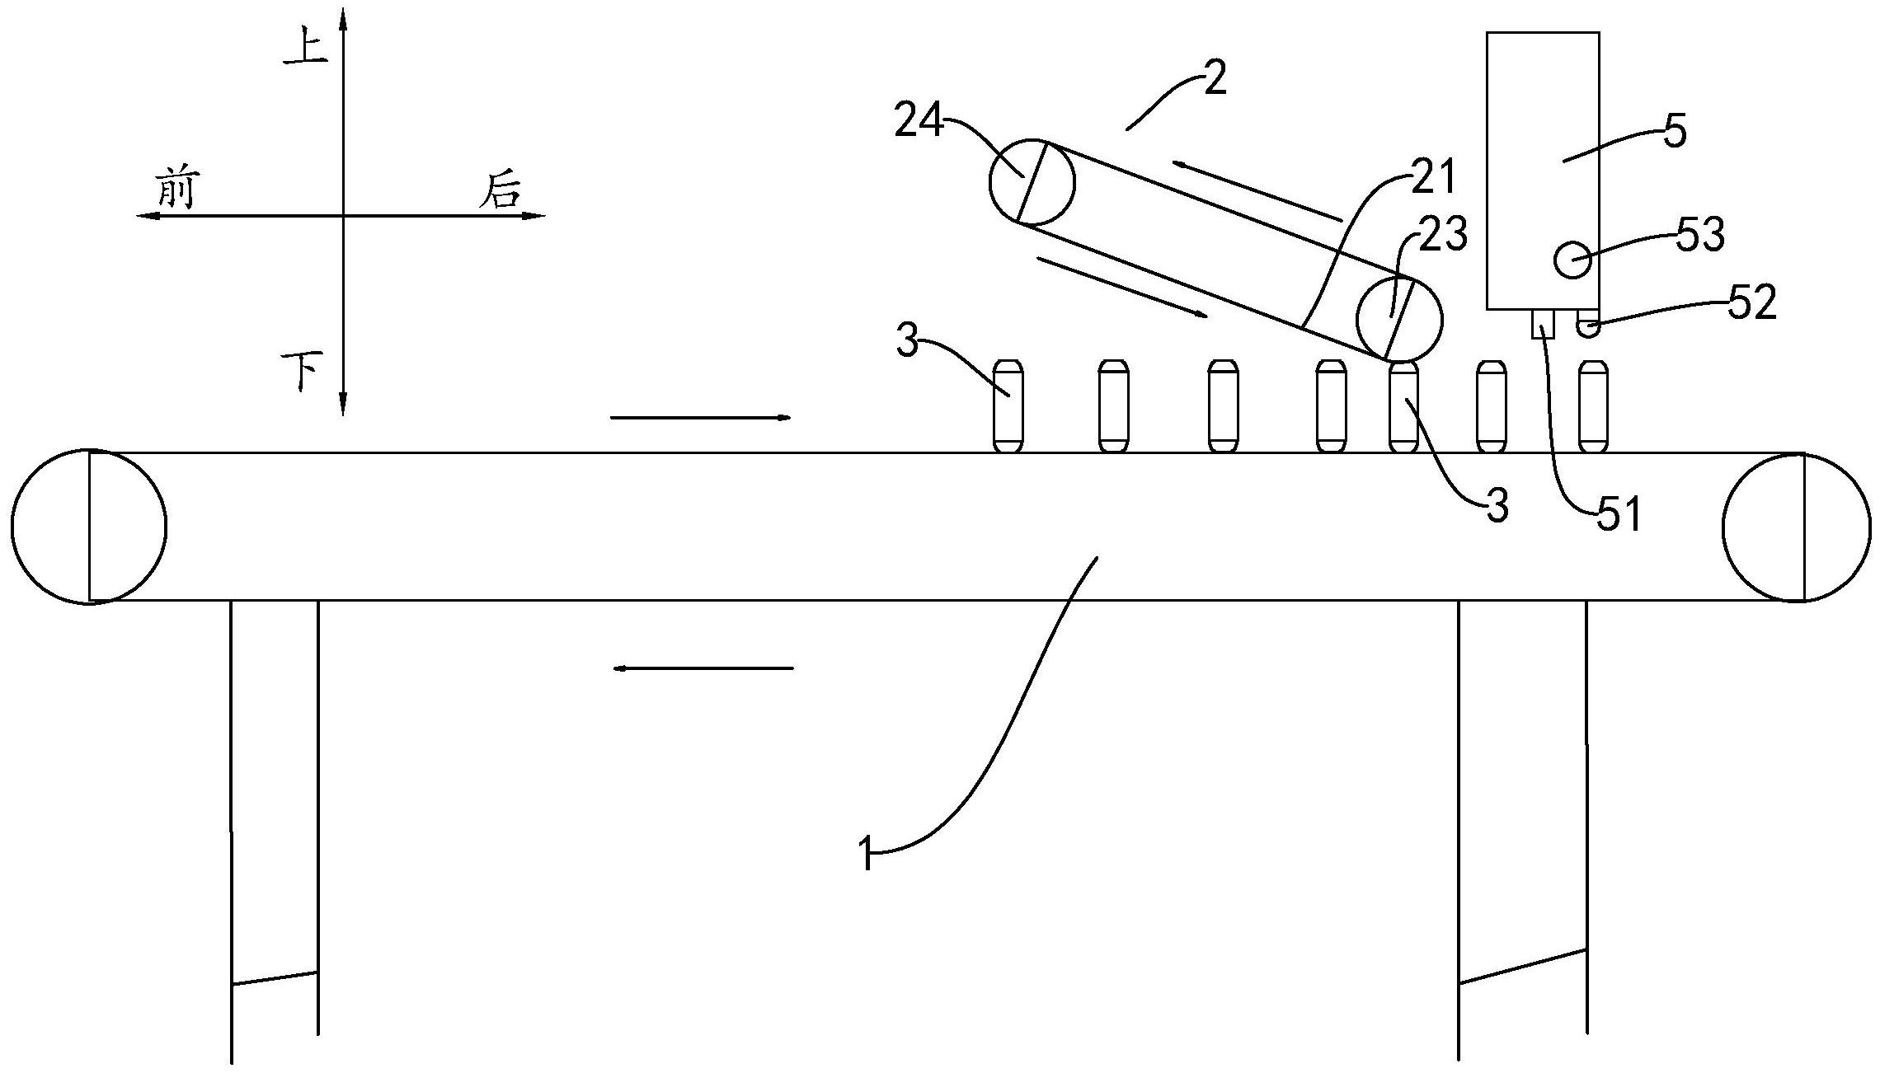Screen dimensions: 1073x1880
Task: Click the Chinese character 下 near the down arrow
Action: point(302,372)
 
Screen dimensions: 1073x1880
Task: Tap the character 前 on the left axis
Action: point(176,189)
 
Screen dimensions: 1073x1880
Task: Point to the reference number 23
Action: point(1443,236)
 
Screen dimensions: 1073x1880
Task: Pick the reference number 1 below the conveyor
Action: point(865,853)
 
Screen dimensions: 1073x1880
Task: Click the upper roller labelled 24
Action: point(1032,182)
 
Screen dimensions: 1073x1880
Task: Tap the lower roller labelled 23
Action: point(1399,320)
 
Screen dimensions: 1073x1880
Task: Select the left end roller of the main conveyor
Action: point(88,526)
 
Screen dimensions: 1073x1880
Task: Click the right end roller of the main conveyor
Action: point(1797,527)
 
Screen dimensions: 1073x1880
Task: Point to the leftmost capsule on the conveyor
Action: point(1008,405)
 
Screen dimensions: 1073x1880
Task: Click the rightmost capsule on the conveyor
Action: point(1592,405)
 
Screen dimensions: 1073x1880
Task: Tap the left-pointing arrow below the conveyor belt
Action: point(703,668)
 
